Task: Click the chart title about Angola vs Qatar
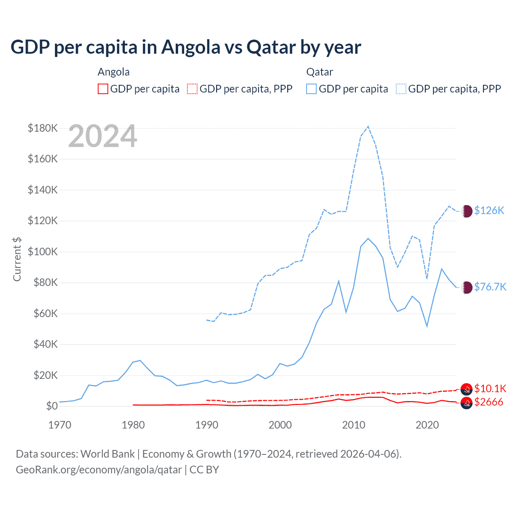coord(186,47)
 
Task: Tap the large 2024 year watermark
coord(103,137)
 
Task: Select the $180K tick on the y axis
coord(43,128)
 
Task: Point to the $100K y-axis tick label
coord(43,252)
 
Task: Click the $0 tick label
coord(52,406)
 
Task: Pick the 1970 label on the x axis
coord(60,425)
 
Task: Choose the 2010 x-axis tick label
coord(354,425)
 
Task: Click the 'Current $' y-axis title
coord(17,259)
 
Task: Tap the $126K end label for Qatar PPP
coord(489,210)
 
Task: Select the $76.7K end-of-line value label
coord(490,287)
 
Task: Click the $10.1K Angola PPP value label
coord(490,389)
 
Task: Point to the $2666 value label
coord(489,402)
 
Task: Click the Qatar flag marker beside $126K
coord(467,211)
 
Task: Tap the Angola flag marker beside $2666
coord(467,403)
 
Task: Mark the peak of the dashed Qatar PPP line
coord(368,126)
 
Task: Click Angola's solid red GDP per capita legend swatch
coord(103,89)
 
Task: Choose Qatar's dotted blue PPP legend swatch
coord(401,89)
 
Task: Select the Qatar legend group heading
coord(319,72)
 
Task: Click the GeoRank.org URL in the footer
coord(99,470)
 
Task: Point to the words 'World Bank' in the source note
coord(108,454)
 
